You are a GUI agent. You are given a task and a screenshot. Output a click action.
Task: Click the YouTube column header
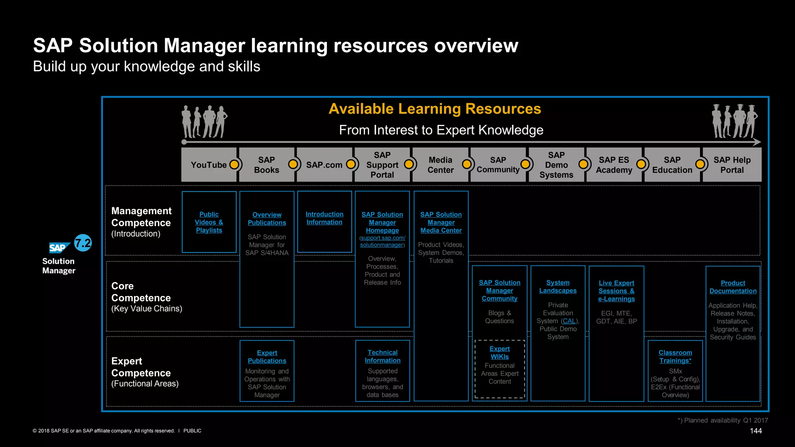click(x=209, y=165)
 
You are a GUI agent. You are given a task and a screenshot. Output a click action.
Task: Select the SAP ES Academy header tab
click(x=614, y=165)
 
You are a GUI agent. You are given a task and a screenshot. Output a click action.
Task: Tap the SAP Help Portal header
click(x=732, y=165)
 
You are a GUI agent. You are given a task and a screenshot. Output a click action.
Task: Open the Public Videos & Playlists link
click(x=209, y=222)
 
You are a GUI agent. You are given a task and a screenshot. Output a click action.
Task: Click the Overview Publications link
click(x=267, y=219)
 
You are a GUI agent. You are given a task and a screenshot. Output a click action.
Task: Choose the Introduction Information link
click(x=324, y=218)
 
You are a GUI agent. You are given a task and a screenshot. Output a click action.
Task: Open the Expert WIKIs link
click(x=500, y=353)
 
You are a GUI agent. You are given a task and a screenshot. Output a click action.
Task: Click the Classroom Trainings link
click(x=675, y=357)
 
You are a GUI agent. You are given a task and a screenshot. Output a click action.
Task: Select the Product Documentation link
click(x=733, y=287)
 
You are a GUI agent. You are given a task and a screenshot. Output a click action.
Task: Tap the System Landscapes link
click(x=558, y=287)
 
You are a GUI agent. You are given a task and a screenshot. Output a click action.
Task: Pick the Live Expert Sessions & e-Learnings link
click(x=616, y=291)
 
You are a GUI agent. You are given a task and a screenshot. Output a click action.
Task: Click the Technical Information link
click(x=382, y=356)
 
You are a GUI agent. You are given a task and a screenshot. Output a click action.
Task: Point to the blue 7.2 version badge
click(x=83, y=243)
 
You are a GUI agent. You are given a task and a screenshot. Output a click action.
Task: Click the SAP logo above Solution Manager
click(x=59, y=248)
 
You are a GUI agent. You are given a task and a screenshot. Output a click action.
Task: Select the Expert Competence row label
click(x=141, y=367)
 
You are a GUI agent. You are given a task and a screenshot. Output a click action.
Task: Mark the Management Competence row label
click(x=141, y=217)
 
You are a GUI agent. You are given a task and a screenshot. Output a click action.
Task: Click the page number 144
click(x=755, y=431)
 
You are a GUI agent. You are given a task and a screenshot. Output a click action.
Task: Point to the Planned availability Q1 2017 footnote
click(x=723, y=420)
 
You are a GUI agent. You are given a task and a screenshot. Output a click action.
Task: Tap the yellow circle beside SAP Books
click(x=293, y=165)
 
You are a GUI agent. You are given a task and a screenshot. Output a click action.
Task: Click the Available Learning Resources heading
click(x=435, y=109)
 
